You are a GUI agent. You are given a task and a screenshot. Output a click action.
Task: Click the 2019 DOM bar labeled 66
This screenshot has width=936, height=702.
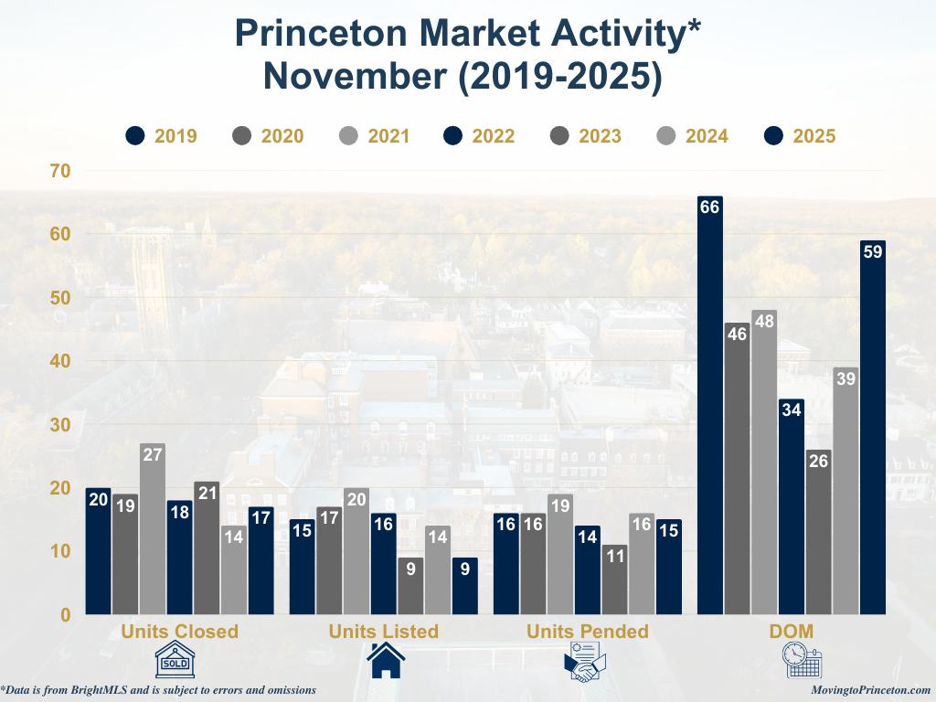click(709, 405)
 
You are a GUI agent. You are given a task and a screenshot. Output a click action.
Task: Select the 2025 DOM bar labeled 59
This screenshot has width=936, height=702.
click(872, 427)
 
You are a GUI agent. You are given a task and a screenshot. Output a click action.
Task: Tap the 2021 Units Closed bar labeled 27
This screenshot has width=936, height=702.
click(152, 529)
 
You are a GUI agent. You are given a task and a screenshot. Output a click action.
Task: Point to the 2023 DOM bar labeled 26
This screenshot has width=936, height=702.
click(818, 532)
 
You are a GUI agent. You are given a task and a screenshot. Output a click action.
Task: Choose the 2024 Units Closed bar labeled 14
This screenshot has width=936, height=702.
click(233, 569)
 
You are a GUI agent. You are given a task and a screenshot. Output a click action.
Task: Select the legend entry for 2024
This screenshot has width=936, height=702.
click(692, 136)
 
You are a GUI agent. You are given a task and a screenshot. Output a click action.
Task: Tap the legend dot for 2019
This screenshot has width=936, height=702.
click(136, 136)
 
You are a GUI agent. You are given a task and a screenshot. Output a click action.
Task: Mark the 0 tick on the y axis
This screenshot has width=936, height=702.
click(65, 614)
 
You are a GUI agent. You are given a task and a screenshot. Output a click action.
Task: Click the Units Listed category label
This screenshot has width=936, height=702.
click(384, 632)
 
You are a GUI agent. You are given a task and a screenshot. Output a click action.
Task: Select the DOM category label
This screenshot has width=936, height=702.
click(792, 632)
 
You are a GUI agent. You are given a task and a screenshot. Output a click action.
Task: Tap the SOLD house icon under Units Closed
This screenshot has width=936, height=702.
click(181, 660)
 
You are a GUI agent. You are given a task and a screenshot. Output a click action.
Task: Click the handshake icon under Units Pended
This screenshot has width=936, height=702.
click(587, 661)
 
